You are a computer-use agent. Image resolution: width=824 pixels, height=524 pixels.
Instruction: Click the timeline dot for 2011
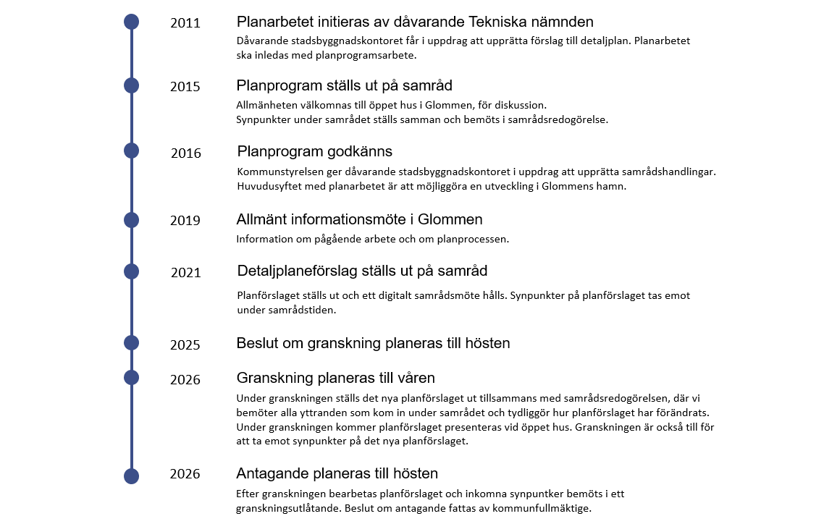[x=131, y=22]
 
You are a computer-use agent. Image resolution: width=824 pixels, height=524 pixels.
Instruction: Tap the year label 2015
[x=185, y=87]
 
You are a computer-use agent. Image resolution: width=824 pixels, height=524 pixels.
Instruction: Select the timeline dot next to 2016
[x=131, y=151]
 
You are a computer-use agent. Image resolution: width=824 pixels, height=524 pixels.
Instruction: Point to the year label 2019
[x=185, y=221]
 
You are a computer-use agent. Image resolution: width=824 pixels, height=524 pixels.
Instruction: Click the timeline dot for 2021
[x=131, y=271]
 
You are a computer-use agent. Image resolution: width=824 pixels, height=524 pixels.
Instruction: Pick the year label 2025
[x=185, y=345]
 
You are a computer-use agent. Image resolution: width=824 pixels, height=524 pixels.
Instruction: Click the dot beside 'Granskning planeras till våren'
[x=131, y=377]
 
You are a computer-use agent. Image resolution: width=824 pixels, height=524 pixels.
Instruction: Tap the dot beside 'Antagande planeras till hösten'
[x=131, y=476]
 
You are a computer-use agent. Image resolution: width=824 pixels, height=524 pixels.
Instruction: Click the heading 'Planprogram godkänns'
[x=315, y=151]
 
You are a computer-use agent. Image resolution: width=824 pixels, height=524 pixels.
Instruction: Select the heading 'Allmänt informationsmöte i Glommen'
[x=359, y=219]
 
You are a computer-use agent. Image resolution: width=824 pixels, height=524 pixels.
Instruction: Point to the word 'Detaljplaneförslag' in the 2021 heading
[x=297, y=271]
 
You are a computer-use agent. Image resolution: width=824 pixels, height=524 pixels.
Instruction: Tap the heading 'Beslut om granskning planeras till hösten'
[x=373, y=343]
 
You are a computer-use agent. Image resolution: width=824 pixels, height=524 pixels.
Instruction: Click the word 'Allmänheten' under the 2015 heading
[x=267, y=105]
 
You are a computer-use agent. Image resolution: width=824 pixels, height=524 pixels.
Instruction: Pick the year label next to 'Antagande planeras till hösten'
[x=185, y=475]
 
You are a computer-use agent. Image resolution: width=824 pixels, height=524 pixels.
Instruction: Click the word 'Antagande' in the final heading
[x=269, y=474]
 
